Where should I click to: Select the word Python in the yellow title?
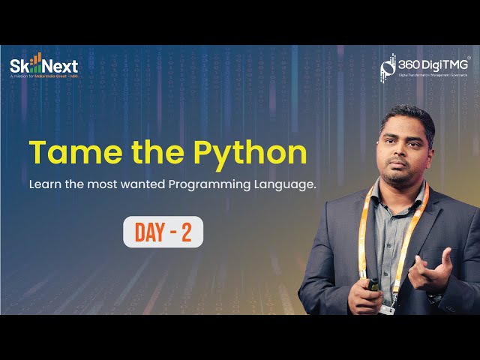click(x=250, y=154)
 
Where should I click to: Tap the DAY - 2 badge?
click(x=163, y=232)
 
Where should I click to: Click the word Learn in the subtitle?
click(x=45, y=184)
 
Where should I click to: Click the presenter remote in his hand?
click(x=373, y=284)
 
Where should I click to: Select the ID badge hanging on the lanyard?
click(x=388, y=307)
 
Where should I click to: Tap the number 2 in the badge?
click(x=186, y=232)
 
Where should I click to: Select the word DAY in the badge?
click(x=149, y=232)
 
